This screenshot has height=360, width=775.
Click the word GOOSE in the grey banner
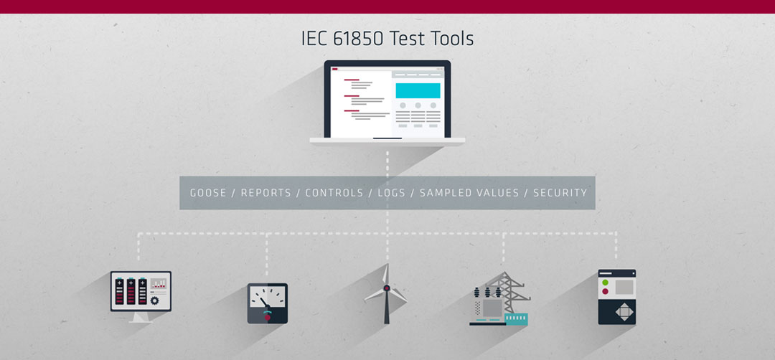coord(208,193)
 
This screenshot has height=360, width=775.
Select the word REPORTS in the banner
coord(266,193)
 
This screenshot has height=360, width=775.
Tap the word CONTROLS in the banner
coord(334,193)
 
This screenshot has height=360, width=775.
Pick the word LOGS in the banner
coord(392,193)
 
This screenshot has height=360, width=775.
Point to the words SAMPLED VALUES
coord(469,193)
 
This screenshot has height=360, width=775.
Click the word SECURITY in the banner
coord(560,193)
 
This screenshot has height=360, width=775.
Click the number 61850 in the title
coord(358,39)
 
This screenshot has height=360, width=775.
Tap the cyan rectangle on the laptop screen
coord(418,90)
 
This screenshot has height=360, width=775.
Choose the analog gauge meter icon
coord(268,303)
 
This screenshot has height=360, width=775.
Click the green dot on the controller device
coord(606,283)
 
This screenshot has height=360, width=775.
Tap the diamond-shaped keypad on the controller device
coord(624,312)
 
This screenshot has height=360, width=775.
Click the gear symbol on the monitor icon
coord(155,300)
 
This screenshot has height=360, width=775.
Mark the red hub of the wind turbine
coord(387,288)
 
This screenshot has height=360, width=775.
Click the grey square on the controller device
coord(624,287)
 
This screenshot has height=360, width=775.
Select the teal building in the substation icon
coord(516,319)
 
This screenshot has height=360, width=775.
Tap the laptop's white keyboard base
coord(387,141)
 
